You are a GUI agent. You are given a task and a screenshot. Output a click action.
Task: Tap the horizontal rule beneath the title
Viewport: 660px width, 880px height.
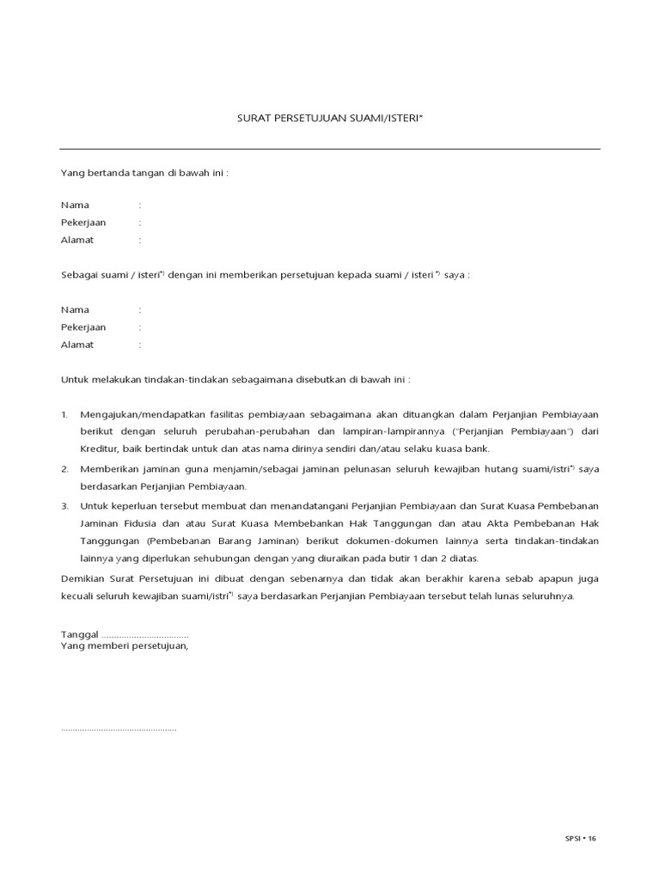click(330, 149)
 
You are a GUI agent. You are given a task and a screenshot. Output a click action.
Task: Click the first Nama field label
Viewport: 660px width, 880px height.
click(75, 205)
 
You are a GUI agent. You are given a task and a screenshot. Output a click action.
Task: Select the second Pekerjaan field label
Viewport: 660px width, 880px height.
click(83, 327)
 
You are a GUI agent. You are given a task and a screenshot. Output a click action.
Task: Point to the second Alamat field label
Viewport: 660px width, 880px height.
click(77, 345)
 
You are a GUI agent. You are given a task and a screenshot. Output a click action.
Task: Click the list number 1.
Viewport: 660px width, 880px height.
click(64, 414)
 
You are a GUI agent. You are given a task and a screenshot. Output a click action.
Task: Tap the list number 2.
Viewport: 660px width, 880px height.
click(64, 469)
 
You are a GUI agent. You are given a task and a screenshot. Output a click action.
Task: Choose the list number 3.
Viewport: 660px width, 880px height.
click(64, 506)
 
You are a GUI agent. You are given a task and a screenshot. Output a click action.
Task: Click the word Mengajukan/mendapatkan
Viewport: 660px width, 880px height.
click(140, 414)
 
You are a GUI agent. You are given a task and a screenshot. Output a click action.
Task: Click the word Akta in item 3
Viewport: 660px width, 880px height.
click(486, 524)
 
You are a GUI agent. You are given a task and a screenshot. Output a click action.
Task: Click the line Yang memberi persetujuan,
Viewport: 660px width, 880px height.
click(124, 645)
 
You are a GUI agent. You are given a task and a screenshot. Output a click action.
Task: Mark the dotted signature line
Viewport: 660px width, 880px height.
click(119, 730)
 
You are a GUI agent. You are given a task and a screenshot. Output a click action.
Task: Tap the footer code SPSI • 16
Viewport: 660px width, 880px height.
click(580, 838)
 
